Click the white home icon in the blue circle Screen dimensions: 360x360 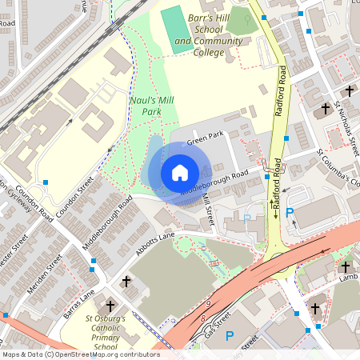coord(180,172)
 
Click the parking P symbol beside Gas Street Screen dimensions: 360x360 coord(230,337)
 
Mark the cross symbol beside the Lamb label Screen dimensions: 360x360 coord(345,267)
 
